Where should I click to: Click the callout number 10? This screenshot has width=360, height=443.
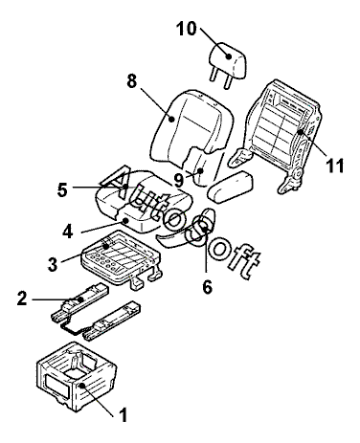[187, 29]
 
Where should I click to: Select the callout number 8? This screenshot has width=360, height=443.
[132, 81]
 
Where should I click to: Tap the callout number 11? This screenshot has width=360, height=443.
[334, 166]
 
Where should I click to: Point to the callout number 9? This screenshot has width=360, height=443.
[179, 181]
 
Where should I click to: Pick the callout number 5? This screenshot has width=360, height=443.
[62, 190]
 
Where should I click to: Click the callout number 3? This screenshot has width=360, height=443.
[53, 264]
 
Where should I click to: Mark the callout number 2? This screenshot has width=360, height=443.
[22, 299]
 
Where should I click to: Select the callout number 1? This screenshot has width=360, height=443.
[123, 415]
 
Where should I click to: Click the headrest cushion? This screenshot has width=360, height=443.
[229, 60]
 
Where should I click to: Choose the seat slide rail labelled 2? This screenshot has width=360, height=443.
[79, 302]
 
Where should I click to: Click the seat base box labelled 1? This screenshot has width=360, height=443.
[77, 376]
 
